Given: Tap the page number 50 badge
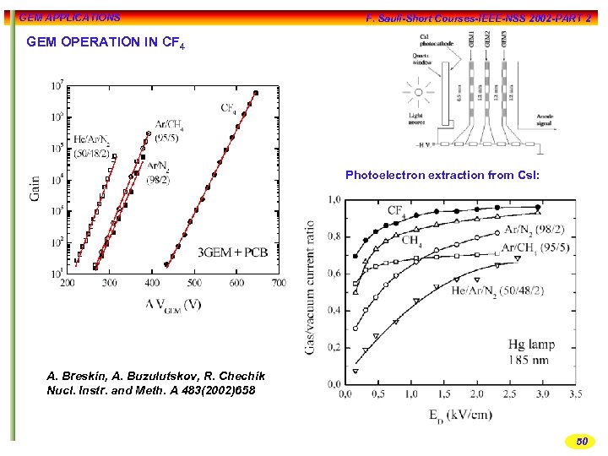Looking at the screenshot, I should pos(581,441).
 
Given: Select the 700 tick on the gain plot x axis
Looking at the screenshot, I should pos(279,283).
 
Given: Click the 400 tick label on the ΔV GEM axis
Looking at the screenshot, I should pos(152,283).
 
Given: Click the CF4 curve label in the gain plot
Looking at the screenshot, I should pos(229,108).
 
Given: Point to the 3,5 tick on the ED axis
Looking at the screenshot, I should pos(574,394).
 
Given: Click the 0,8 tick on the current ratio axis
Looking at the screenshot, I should pos(334,236).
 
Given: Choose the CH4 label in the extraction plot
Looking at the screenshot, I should pos(411,240).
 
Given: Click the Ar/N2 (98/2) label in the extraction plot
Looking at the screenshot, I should pos(540,229).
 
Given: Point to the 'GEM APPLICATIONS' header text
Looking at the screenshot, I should pos(69,17).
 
